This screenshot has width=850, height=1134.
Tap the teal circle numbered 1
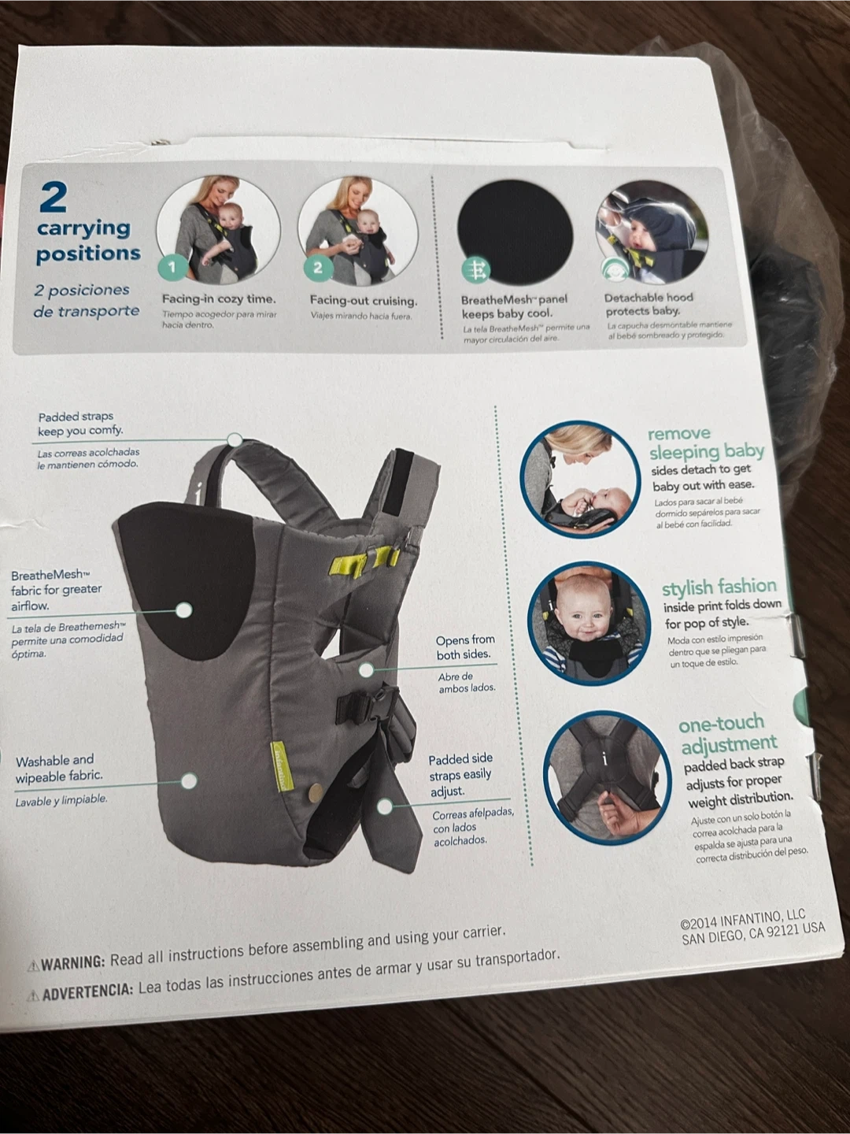click(172, 267)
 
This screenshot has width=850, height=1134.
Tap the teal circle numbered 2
click(318, 268)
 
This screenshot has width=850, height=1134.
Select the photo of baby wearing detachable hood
click(652, 232)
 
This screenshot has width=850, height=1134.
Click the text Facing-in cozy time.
click(219, 299)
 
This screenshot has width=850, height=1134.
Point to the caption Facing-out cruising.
click(364, 300)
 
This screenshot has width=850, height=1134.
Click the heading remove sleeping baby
click(706, 443)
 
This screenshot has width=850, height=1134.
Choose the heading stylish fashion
click(719, 587)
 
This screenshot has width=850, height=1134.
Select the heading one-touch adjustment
click(728, 733)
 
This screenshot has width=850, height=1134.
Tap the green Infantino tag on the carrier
click(283, 767)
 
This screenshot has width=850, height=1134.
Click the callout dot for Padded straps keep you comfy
click(235, 439)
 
